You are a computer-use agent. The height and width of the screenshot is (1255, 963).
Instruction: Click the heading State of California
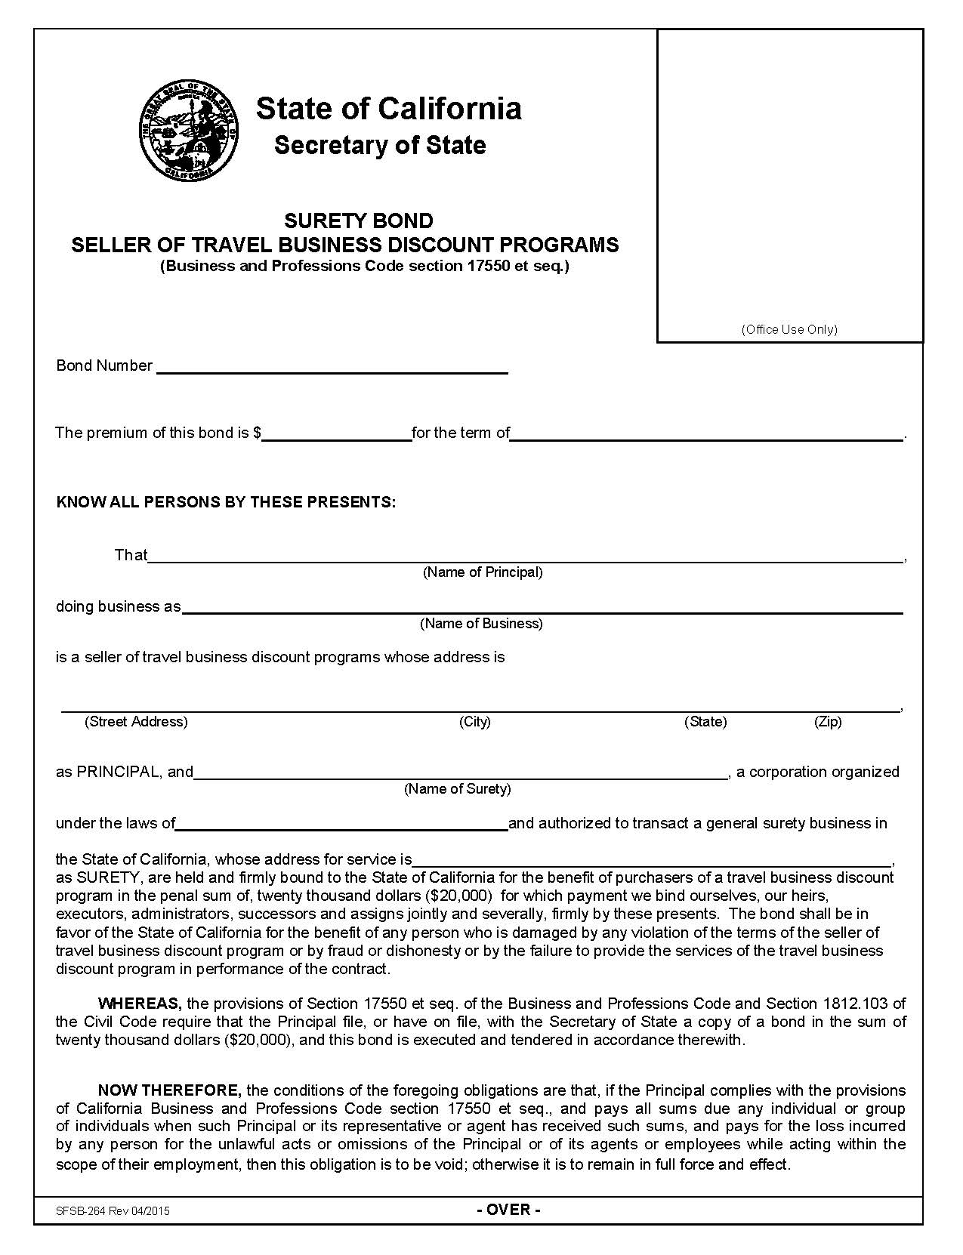[388, 109]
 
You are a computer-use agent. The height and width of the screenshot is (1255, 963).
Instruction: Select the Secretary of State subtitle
[380, 145]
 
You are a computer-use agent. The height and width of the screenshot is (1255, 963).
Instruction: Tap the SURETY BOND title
[358, 220]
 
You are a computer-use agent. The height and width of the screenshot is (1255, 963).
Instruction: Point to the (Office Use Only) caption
[789, 329]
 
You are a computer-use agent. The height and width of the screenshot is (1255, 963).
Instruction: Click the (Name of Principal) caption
[482, 572]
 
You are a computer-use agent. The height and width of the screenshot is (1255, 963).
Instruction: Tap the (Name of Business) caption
[481, 624]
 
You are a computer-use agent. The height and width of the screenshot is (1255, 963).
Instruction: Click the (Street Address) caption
[136, 722]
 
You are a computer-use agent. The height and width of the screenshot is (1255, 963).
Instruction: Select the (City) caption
[474, 722]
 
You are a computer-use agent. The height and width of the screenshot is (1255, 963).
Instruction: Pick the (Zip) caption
[827, 722]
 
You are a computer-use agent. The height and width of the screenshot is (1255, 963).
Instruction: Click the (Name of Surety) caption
[457, 789]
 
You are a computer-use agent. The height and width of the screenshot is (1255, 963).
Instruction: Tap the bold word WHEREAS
[140, 1004]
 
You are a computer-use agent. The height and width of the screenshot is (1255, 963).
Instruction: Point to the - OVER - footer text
[508, 1210]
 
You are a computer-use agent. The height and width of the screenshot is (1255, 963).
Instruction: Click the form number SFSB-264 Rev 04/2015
[113, 1211]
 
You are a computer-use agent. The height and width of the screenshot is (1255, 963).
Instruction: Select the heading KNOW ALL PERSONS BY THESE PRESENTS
[226, 502]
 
